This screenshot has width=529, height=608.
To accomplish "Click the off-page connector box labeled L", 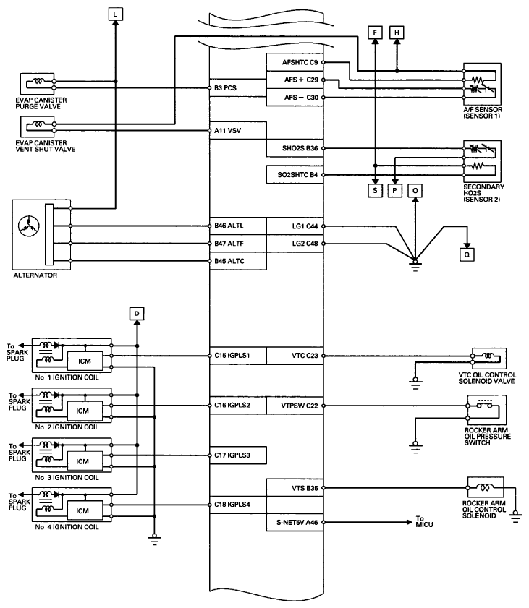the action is click(115, 14).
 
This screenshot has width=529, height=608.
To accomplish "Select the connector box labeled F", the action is click(375, 33).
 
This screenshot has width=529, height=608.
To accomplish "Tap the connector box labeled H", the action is click(397, 33).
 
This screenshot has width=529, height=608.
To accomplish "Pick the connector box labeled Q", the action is click(467, 254).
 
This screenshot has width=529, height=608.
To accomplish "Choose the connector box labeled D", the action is click(137, 314).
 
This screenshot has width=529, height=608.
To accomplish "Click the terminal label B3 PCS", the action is click(225, 88).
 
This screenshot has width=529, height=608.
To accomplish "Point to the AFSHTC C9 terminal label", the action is click(300, 62).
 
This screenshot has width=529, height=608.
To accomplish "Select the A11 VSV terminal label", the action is click(227, 131).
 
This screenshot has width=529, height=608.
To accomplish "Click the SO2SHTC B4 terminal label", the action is click(297, 175).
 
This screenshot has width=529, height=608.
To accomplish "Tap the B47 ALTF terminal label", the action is click(229, 244).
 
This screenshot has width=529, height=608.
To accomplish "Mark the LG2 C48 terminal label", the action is click(305, 244).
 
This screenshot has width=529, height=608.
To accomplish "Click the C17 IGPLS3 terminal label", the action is click(232, 455).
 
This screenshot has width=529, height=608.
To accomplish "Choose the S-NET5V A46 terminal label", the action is click(297, 522).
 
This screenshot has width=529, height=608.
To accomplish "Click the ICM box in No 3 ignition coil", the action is click(85, 461).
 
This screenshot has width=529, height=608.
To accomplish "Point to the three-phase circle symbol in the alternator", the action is click(29, 226).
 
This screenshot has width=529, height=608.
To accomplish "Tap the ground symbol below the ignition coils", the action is click(154, 539).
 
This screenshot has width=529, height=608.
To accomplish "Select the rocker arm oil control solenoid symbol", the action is click(486, 487).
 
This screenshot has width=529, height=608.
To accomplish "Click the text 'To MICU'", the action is click(424, 521).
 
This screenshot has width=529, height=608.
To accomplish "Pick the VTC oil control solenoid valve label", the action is click(487, 378).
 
